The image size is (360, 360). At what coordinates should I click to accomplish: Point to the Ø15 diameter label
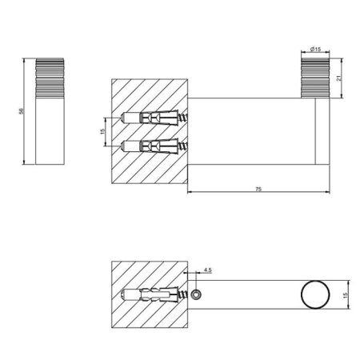click(314, 50)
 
